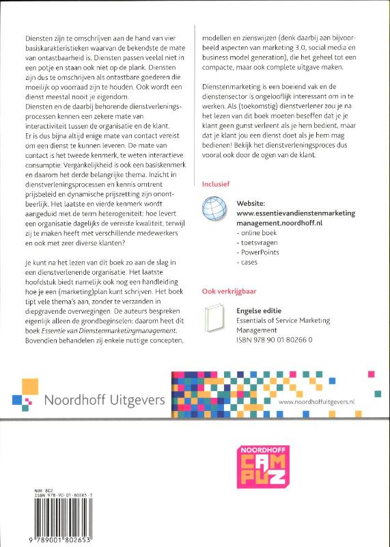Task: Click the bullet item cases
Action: [248, 262]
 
